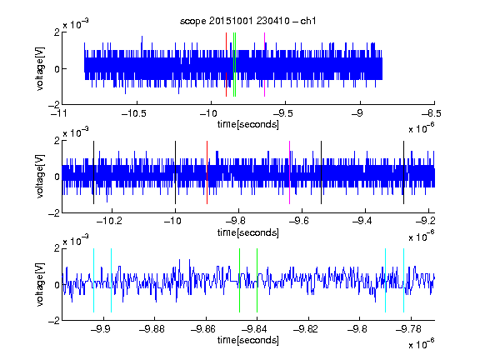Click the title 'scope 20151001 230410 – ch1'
(x=248, y=21)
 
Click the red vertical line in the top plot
(x=226, y=65)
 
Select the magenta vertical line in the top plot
(x=264, y=65)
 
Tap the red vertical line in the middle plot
(x=207, y=172)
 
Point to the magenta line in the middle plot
(x=290, y=172)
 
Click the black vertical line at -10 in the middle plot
(x=175, y=172)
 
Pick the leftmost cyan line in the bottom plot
(x=93, y=280)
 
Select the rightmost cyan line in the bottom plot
(x=404, y=280)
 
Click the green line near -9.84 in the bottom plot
(x=257, y=280)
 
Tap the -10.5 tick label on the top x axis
(x=134, y=113)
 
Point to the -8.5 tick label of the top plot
(x=431, y=113)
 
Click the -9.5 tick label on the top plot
(x=282, y=113)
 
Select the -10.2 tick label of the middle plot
(x=109, y=221)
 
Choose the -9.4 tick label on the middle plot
(x=362, y=221)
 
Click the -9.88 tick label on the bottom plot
(x=152, y=329)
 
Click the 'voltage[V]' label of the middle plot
(x=40, y=177)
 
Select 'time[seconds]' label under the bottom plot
(x=248, y=340)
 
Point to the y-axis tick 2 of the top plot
(x=57, y=32)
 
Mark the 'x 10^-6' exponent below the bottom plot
(x=421, y=344)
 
